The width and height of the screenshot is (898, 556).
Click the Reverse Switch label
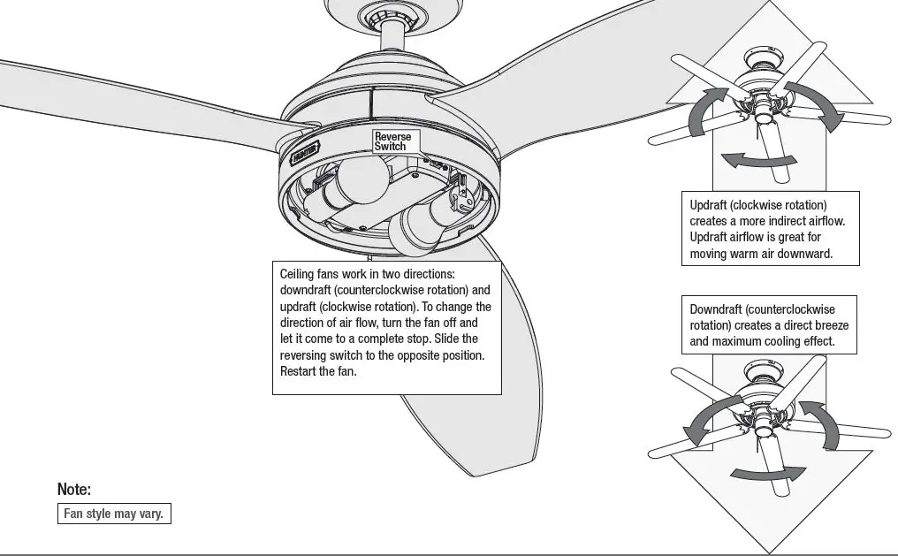click(x=392, y=141)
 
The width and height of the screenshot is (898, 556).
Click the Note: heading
click(x=74, y=489)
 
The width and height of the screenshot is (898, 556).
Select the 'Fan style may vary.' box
click(x=113, y=514)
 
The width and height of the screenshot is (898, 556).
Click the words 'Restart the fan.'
click(x=318, y=371)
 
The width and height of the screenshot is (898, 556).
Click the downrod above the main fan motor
click(x=390, y=35)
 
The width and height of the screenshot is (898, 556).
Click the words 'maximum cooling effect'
click(x=774, y=341)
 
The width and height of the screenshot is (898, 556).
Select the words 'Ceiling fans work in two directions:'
click(x=367, y=274)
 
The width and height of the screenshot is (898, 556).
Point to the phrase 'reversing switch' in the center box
click(x=322, y=354)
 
